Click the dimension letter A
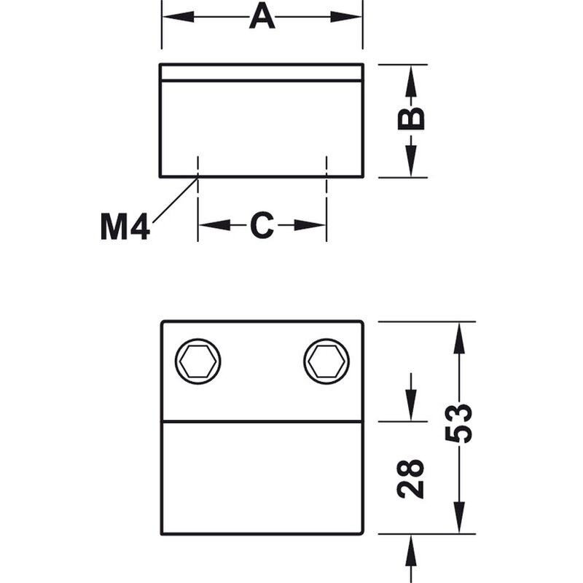tap(262, 16)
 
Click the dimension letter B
tap(412, 119)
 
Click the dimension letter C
tap(262, 227)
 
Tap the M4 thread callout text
tap(125, 227)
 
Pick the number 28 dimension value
tap(412, 478)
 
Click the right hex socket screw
tap(326, 361)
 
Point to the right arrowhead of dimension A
tap(348, 16)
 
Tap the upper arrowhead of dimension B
tap(412, 76)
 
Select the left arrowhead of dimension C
tap(211, 226)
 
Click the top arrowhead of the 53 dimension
tap(459, 336)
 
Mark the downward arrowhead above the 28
tap(412, 407)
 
